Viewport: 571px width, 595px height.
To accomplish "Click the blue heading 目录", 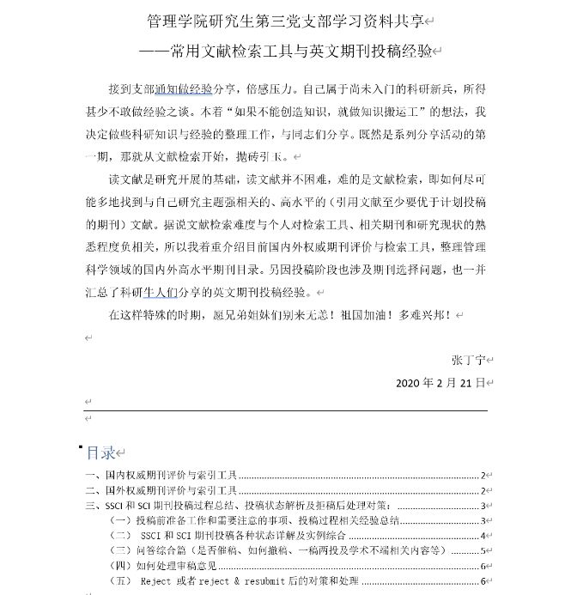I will tap(100, 452).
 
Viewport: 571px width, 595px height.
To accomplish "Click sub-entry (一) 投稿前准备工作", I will tap(258, 520).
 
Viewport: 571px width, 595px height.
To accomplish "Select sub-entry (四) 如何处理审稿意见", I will tap(167, 566).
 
